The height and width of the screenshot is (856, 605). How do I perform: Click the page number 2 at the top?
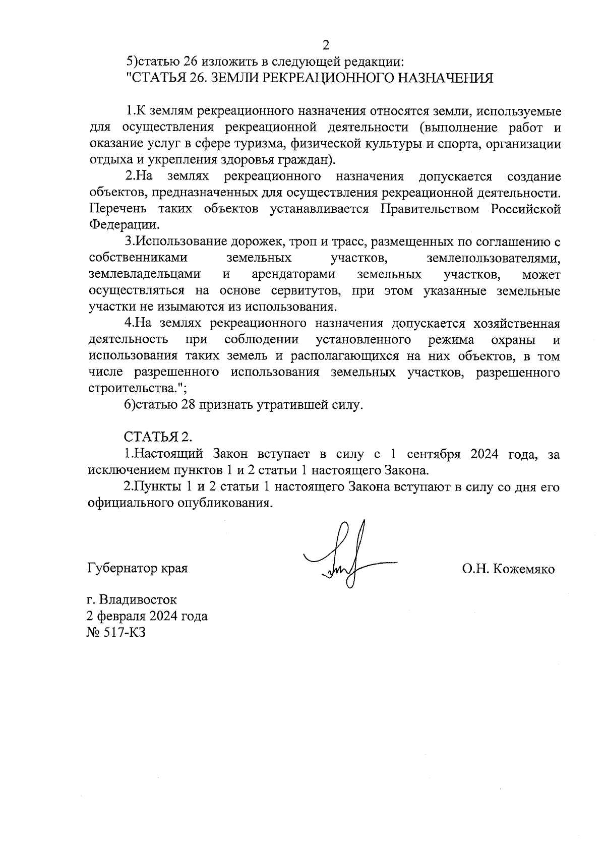point(325,45)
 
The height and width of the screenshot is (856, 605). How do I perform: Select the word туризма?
point(261,144)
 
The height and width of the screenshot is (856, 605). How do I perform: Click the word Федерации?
point(123,225)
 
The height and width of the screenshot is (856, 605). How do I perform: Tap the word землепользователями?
point(493,258)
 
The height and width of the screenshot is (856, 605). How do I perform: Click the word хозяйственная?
point(517,323)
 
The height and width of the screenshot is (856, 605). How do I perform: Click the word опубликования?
point(220,503)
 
